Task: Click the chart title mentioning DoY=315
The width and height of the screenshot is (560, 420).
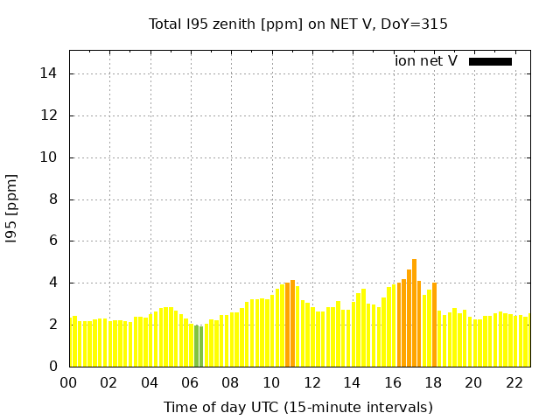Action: [298, 24]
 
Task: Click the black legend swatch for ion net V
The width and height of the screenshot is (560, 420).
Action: [490, 61]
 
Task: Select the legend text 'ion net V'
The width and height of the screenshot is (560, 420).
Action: [426, 61]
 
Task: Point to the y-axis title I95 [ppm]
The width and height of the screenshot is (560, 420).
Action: [12, 208]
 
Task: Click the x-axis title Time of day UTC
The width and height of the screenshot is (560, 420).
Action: [298, 407]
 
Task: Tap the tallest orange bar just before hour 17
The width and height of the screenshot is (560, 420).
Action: [414, 312]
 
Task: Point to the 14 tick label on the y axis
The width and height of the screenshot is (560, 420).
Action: [50, 73]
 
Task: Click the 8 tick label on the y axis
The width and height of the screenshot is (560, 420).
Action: [53, 199]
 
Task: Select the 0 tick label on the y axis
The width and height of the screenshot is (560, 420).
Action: [53, 367]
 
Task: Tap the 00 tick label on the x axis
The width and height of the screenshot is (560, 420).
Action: [69, 383]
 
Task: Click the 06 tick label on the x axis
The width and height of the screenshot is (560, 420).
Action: [191, 383]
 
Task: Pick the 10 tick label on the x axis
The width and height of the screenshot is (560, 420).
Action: [271, 383]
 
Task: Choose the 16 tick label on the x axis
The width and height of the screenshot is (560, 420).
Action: [393, 383]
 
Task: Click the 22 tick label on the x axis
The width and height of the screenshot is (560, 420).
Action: [514, 383]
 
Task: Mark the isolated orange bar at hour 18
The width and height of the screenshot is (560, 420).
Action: [434, 325]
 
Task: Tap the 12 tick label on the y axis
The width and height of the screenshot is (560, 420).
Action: [50, 115]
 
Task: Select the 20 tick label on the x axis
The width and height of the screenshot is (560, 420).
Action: [473, 383]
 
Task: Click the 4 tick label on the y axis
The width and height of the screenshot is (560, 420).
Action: [53, 283]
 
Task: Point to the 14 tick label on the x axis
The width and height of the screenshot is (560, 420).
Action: [353, 383]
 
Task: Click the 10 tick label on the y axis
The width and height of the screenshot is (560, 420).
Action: [50, 157]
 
